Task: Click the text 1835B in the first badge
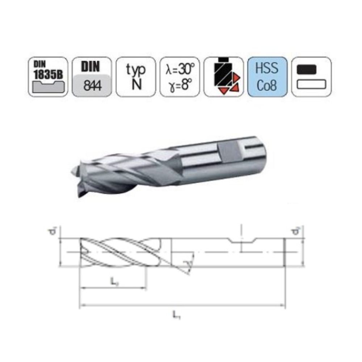pos(48,73)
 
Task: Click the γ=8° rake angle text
pos(180,85)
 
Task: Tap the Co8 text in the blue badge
pos(268,85)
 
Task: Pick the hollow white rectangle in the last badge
pos(311,85)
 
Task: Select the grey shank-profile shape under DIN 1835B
pos(48,86)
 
